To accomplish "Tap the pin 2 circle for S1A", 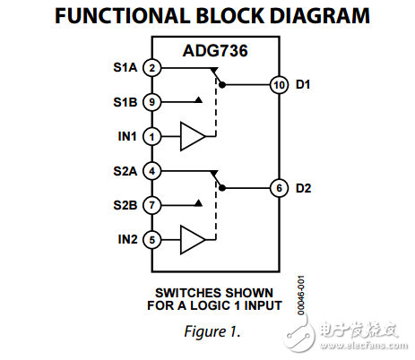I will click(x=153, y=68).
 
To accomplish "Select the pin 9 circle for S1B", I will click(x=153, y=102).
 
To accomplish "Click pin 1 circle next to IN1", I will click(x=153, y=137).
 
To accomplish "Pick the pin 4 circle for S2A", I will click(x=153, y=171).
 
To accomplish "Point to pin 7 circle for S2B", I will click(x=153, y=205).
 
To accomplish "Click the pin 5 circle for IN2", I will click(x=153, y=239).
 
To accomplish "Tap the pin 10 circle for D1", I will click(x=278, y=85).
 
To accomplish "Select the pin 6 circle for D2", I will click(x=278, y=188).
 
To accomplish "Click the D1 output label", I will click(x=303, y=85).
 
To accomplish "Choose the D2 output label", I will click(x=303, y=188).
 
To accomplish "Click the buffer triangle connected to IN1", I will click(x=193, y=137).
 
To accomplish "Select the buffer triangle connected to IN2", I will click(x=193, y=239).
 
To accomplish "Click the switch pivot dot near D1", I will click(x=222, y=85).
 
